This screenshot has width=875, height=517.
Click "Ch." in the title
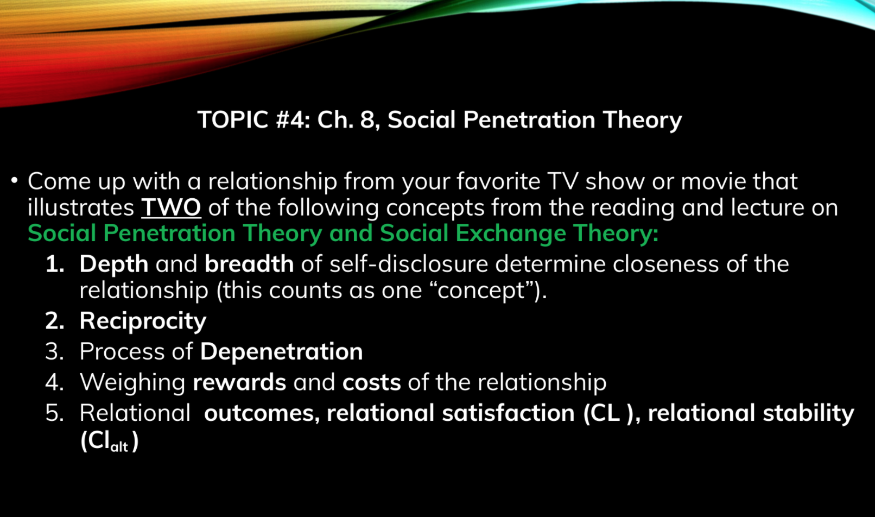[x=335, y=119]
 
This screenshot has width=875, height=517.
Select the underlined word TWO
[x=171, y=207]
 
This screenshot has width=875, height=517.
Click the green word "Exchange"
[x=511, y=234]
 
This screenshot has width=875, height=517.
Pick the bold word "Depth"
[x=114, y=264]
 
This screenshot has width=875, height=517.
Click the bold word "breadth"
[x=249, y=264]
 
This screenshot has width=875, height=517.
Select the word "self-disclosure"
[x=409, y=264]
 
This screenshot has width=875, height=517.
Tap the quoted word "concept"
[x=481, y=291]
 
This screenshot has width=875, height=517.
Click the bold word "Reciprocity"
[x=143, y=321]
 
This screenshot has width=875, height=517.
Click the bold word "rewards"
[x=239, y=382]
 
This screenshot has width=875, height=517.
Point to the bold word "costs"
[x=371, y=382]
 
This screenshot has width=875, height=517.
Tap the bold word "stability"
[x=809, y=414]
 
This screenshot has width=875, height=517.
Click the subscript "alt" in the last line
[x=119, y=446]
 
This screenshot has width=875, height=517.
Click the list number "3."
[x=55, y=351]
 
